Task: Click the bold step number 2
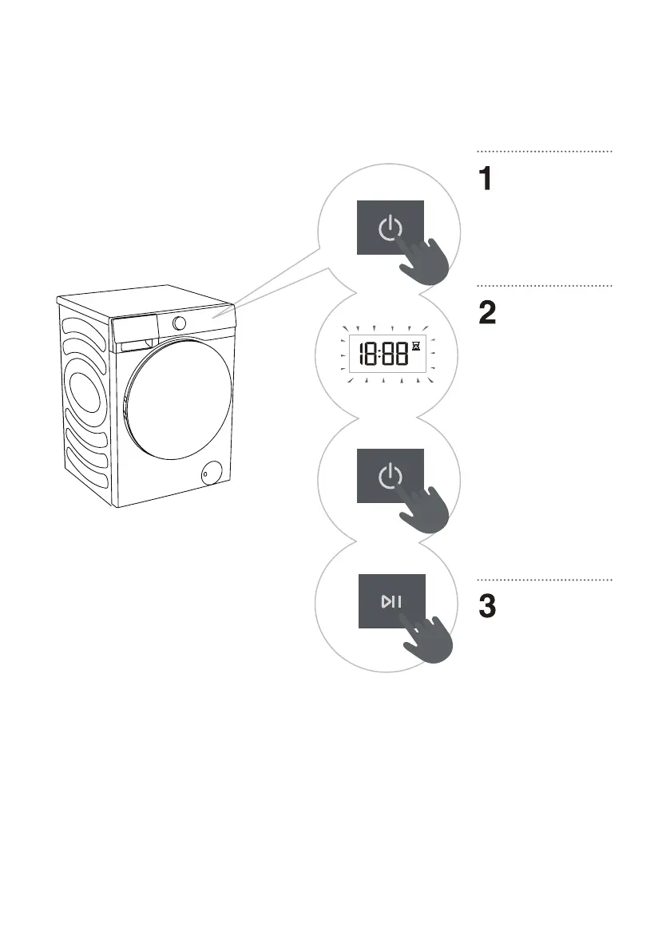(487, 313)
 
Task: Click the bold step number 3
(487, 608)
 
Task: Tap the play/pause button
(391, 601)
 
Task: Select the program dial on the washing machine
(179, 323)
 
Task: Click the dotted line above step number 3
(545, 580)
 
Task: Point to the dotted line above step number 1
(545, 150)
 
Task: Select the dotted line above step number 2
(545, 284)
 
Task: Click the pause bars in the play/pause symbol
(396, 601)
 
